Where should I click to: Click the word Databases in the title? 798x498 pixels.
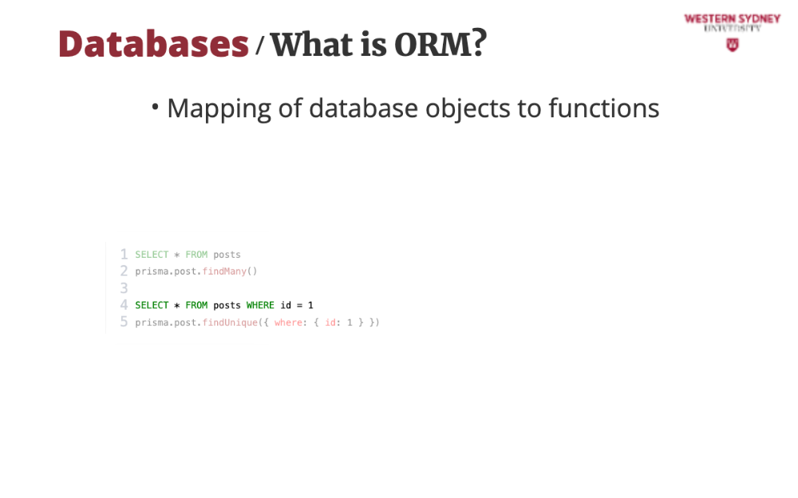(x=153, y=44)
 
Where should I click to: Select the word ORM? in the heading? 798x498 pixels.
(x=440, y=44)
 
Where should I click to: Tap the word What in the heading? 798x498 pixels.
(x=311, y=44)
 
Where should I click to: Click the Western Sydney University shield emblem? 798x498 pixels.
(x=733, y=45)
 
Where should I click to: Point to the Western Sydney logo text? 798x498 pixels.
(x=733, y=19)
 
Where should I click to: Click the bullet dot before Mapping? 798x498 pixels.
(x=156, y=107)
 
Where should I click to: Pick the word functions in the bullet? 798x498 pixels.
(x=603, y=108)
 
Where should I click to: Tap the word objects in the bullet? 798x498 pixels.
(x=468, y=109)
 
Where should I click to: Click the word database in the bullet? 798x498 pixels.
(x=363, y=108)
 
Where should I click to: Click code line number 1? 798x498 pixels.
(x=124, y=254)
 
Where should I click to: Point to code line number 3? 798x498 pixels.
(x=124, y=288)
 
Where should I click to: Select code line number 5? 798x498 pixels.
(x=124, y=322)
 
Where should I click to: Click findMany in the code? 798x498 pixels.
(x=224, y=271)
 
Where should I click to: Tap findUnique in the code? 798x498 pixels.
(x=230, y=322)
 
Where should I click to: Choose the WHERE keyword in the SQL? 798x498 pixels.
(x=260, y=305)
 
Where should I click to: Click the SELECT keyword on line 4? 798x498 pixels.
(x=152, y=305)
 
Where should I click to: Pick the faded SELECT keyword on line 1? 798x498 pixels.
(x=152, y=255)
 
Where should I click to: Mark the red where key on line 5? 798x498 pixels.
(x=288, y=322)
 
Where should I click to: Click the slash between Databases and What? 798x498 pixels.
(x=259, y=45)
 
